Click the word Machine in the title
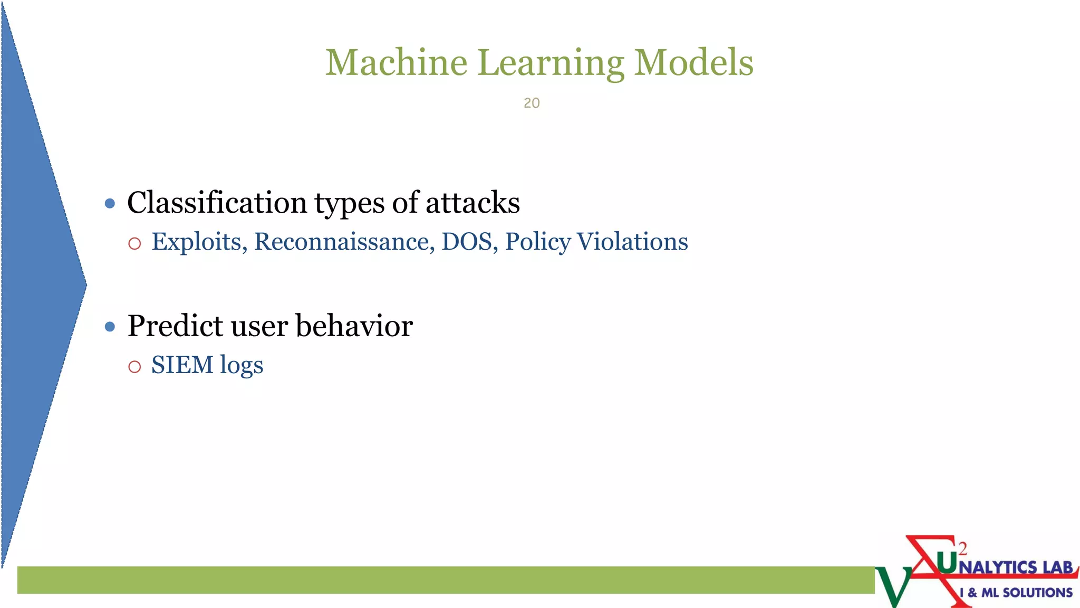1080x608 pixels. pyautogui.click(x=396, y=62)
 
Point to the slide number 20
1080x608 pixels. pyautogui.click(x=532, y=103)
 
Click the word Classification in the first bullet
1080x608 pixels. pyautogui.click(x=217, y=203)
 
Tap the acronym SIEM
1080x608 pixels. pyautogui.click(x=182, y=365)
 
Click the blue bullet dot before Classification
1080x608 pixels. pyautogui.click(x=110, y=204)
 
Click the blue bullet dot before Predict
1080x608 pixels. pyautogui.click(x=110, y=327)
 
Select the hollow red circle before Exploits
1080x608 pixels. pyautogui.click(x=134, y=243)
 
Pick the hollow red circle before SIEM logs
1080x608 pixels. pyautogui.click(x=134, y=366)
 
